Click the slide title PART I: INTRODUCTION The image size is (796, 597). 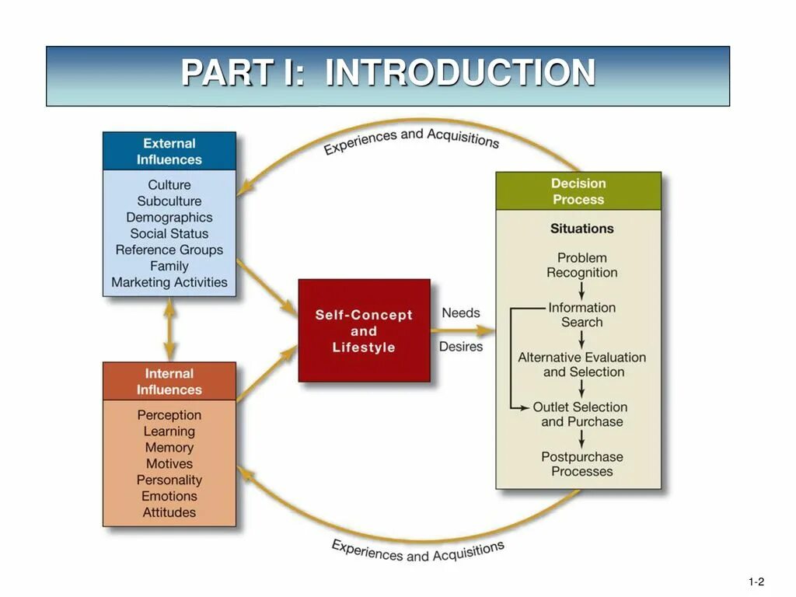pyautogui.click(x=388, y=74)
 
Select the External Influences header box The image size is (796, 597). pyautogui.click(x=169, y=152)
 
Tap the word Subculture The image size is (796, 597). pyautogui.click(x=169, y=201)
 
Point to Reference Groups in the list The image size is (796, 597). pyautogui.click(x=169, y=250)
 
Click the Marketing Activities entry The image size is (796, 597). pyautogui.click(x=169, y=283)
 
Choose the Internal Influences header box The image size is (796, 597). pyautogui.click(x=169, y=382)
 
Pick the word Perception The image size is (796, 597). pyautogui.click(x=169, y=415)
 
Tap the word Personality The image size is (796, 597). pyautogui.click(x=169, y=480)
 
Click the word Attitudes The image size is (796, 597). pyautogui.click(x=169, y=513)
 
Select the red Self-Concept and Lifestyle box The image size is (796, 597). pyautogui.click(x=364, y=330)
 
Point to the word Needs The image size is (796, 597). pyautogui.click(x=461, y=313)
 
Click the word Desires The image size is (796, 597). pyautogui.click(x=461, y=347)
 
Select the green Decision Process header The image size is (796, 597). pyautogui.click(x=578, y=191)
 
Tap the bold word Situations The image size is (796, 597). pyautogui.click(x=582, y=229)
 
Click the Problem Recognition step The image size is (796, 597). pyautogui.click(x=582, y=265)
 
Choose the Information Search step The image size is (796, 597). pyautogui.click(x=582, y=315)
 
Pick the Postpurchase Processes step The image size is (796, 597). pyautogui.click(x=582, y=464)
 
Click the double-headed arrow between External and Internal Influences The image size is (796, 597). pyautogui.click(x=169, y=330)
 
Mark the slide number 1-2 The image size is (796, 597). pyautogui.click(x=756, y=582)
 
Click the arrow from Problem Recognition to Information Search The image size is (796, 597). pyautogui.click(x=582, y=291)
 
